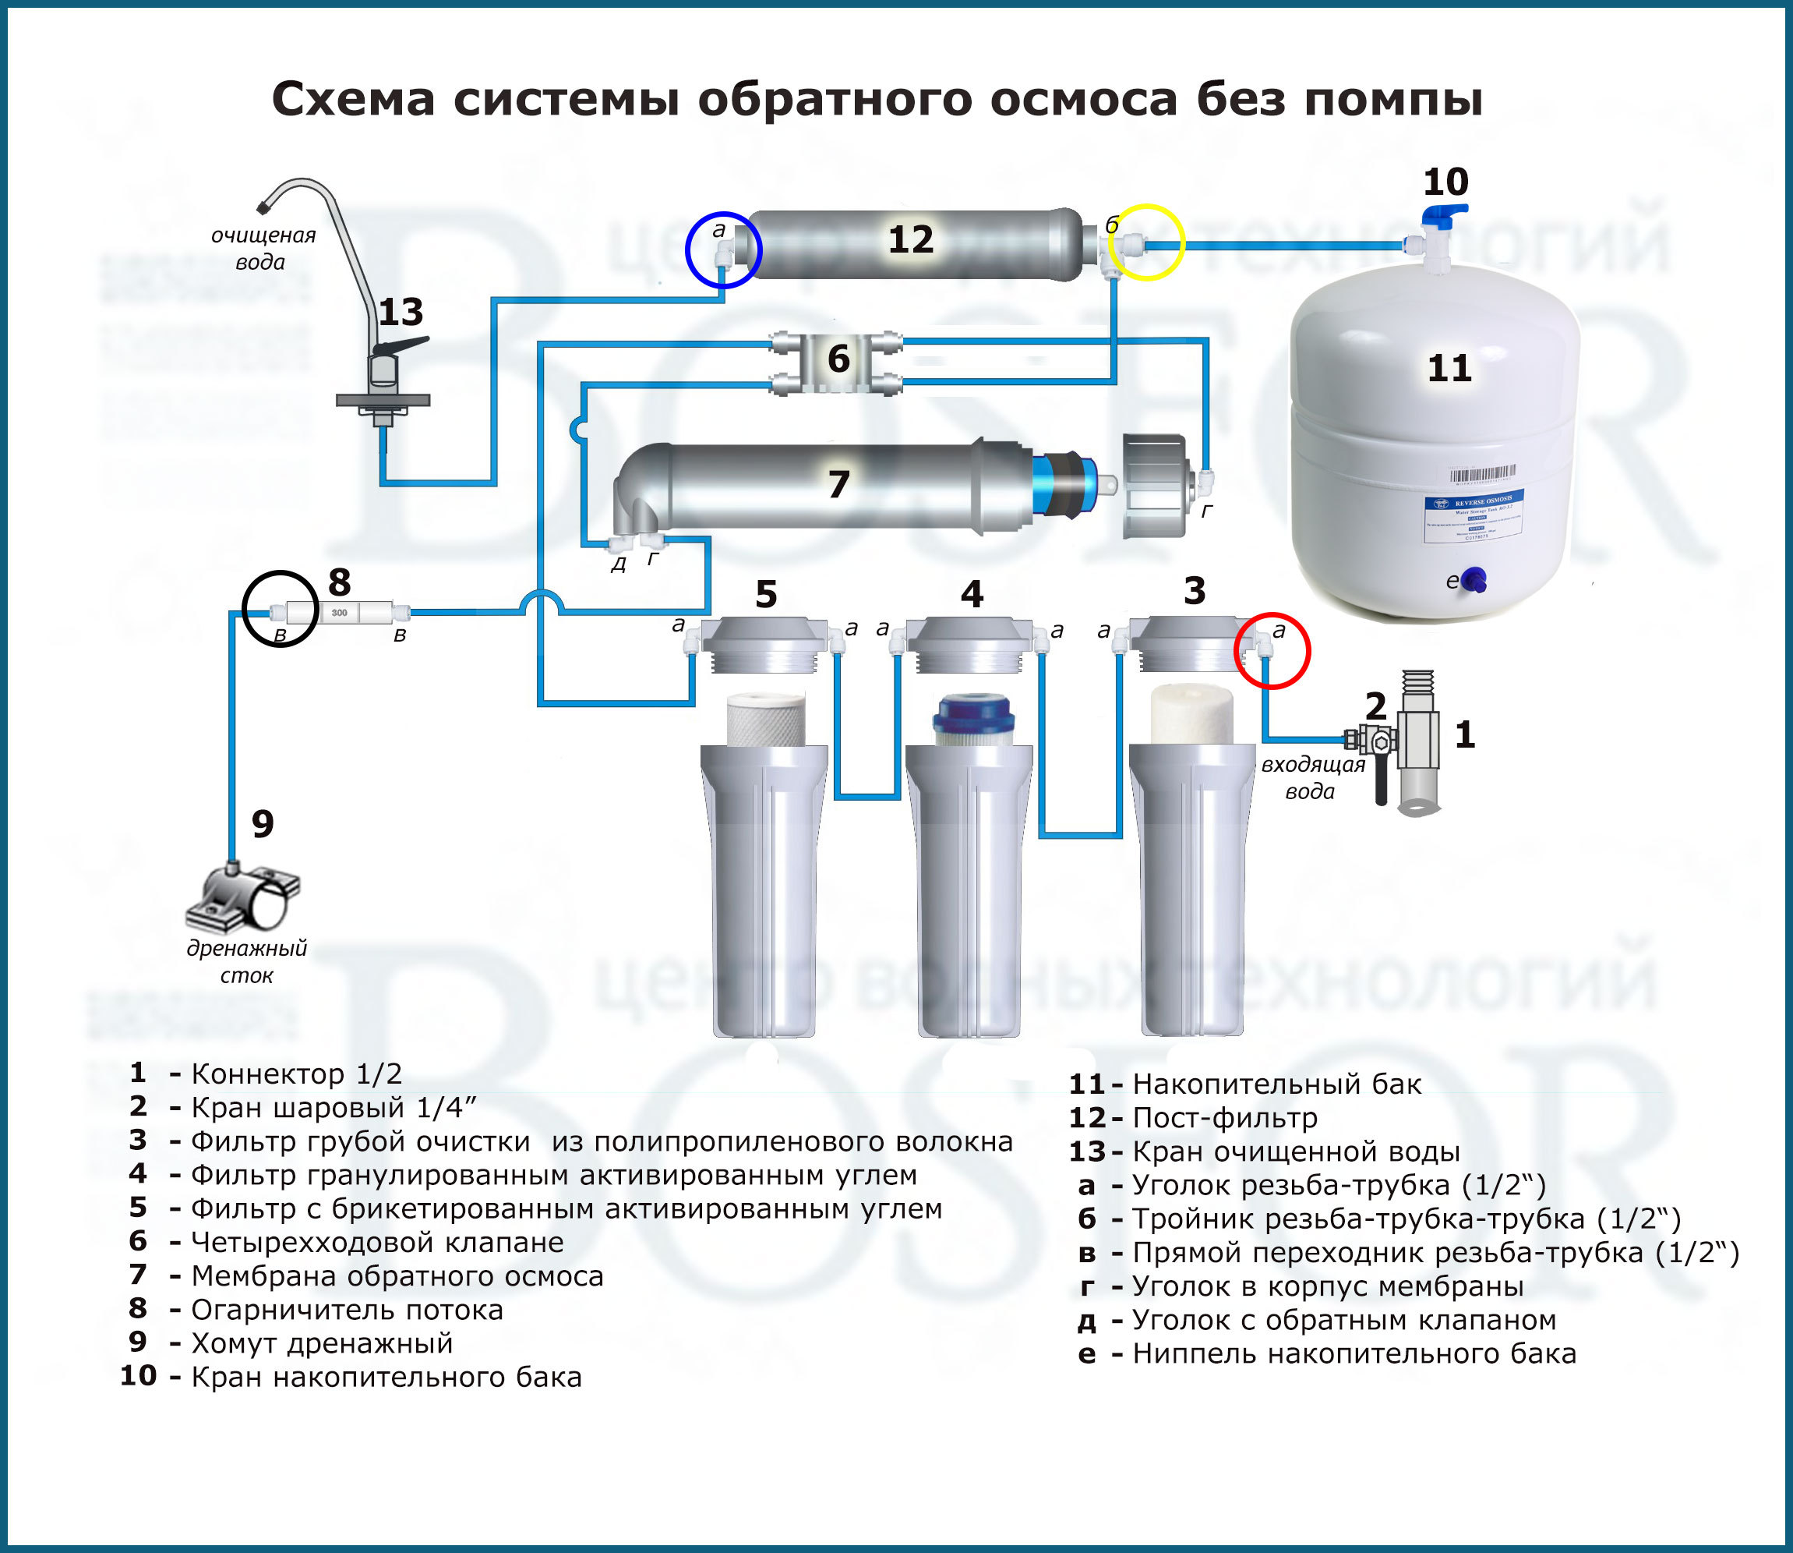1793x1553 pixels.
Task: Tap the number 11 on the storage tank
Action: coord(1449,368)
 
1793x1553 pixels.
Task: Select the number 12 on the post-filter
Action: coord(910,239)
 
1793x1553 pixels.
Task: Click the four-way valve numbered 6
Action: coord(838,359)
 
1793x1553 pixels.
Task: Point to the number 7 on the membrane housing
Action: coord(838,484)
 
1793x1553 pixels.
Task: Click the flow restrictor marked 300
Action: coord(339,613)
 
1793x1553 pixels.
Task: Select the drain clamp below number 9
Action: coord(244,898)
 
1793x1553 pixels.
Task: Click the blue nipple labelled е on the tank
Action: coord(1474,580)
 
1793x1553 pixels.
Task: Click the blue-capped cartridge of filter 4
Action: coord(972,719)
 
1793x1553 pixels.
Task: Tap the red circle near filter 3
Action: coord(1272,651)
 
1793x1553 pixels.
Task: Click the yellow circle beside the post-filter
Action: coord(1147,242)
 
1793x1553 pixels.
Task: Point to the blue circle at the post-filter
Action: coord(722,249)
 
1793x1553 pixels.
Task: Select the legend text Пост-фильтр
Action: coord(1225,1118)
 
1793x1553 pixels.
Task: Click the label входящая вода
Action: coord(1311,777)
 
